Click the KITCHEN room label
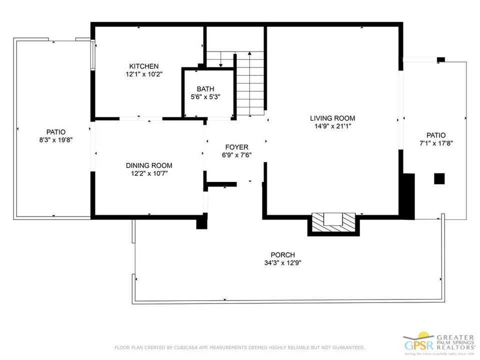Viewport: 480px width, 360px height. tap(143, 66)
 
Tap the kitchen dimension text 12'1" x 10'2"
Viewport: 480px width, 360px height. tap(143, 74)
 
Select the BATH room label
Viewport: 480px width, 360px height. tap(205, 89)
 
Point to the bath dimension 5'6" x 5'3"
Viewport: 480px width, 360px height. tap(205, 97)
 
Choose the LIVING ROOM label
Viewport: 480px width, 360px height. tap(332, 118)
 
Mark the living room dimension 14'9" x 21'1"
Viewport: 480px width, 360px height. tap(332, 126)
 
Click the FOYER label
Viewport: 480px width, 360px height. tap(236, 147)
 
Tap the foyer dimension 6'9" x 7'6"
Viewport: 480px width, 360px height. tap(236, 155)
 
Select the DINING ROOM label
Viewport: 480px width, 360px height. tap(148, 165)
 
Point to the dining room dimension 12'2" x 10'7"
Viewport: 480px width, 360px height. tap(148, 173)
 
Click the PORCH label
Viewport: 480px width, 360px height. tap(282, 254)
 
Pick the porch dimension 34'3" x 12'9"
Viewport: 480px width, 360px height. tap(282, 262)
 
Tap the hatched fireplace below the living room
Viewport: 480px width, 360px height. tap(333, 223)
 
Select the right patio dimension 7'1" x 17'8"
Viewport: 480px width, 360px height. tap(435, 143)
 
